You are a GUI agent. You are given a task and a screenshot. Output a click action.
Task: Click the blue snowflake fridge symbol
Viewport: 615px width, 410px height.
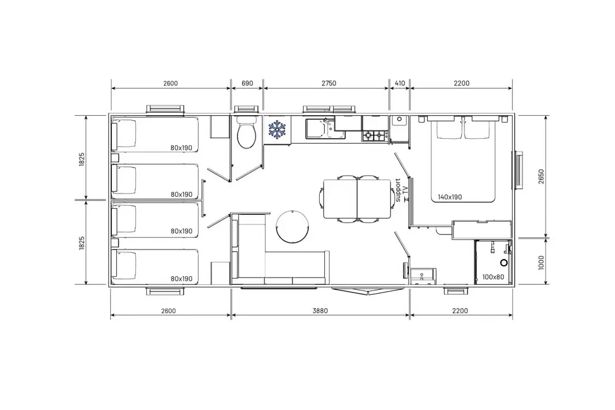coord(277,129)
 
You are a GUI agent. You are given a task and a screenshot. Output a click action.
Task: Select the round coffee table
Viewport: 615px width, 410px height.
coord(292,227)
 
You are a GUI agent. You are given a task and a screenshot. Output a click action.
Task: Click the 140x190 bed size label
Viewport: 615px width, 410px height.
coord(450,197)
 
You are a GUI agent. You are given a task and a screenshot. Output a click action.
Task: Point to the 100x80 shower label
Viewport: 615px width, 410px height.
coord(493,277)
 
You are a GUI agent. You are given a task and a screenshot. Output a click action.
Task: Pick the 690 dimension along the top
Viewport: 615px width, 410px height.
coord(247,83)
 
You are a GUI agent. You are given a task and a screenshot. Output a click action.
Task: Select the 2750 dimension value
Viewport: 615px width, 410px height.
coord(329,83)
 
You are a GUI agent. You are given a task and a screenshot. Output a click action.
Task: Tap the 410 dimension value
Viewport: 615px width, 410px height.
coord(400,83)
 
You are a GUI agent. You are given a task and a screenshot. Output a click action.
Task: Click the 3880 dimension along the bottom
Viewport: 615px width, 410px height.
coord(320,311)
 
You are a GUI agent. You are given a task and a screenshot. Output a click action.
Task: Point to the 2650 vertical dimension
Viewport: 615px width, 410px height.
coord(541,177)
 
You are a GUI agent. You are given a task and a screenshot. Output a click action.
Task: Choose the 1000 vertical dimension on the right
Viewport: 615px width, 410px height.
coord(541,262)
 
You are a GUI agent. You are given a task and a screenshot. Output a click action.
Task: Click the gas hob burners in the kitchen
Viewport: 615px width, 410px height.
coord(374,136)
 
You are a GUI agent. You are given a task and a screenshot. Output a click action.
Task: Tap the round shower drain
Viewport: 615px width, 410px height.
coord(504,262)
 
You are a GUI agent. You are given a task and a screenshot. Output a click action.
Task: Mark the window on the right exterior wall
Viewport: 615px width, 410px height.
coord(518,171)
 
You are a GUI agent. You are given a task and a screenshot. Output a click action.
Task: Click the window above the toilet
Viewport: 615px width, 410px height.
coord(246,109)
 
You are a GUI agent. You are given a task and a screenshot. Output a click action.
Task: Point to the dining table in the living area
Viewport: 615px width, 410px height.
coord(357,199)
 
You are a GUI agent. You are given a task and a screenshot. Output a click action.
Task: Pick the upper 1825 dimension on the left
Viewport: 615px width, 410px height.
coord(82,159)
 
